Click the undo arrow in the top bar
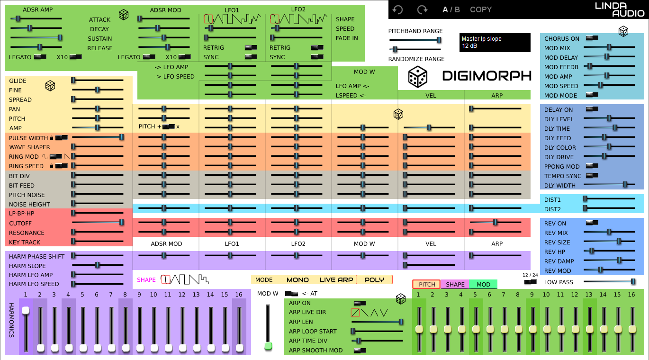click(x=397, y=9)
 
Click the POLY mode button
click(x=374, y=279)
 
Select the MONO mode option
click(x=297, y=279)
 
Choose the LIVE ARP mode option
click(x=336, y=279)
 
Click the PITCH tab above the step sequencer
click(x=426, y=284)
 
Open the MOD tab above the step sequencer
click(x=483, y=284)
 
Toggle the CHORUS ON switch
click(x=592, y=38)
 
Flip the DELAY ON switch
click(x=592, y=109)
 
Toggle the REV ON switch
click(x=592, y=223)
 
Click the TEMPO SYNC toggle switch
click(x=592, y=175)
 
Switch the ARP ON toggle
click(x=360, y=303)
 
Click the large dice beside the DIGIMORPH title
click(x=418, y=76)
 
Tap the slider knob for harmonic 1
click(x=26, y=310)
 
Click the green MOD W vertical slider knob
click(x=268, y=346)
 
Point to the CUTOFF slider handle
click(x=122, y=222)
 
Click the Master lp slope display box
click(x=495, y=42)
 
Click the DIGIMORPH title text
click(x=487, y=76)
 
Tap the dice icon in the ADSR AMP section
click(x=123, y=15)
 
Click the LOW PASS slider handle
click(x=633, y=281)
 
